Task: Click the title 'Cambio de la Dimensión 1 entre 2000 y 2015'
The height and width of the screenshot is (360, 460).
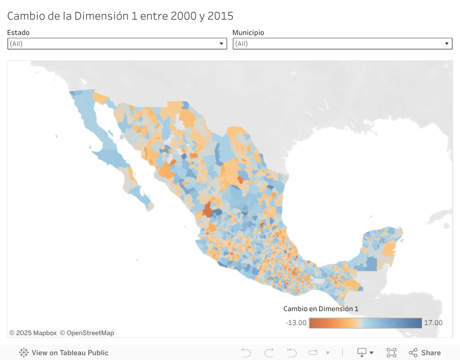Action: click(120, 16)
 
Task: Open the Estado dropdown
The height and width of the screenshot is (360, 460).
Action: click(117, 44)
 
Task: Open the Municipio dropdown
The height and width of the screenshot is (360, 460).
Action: click(342, 44)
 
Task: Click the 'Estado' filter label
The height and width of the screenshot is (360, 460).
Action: click(18, 33)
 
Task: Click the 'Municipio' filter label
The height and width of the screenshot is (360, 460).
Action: click(248, 33)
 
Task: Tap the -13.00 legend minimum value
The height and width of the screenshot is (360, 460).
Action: click(296, 323)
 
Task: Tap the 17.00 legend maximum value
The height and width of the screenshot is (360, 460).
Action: click(433, 323)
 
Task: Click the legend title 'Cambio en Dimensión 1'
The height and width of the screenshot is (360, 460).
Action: click(321, 309)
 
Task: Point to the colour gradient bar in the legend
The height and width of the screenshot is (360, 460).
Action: click(365, 323)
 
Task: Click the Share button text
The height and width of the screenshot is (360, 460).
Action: click(431, 353)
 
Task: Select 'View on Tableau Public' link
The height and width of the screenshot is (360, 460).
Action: click(70, 353)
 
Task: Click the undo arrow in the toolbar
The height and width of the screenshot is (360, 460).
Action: click(246, 353)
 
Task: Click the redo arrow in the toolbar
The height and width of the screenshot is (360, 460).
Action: click(269, 353)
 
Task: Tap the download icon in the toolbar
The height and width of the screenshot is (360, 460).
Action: click(362, 353)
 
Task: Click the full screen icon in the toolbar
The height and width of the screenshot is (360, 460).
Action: click(391, 353)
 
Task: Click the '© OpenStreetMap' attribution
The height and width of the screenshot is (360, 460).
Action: click(87, 333)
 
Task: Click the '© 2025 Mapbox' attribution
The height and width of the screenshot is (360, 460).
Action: click(33, 333)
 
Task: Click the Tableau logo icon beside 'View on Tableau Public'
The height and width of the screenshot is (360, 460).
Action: click(24, 353)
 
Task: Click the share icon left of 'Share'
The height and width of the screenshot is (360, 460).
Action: click(413, 353)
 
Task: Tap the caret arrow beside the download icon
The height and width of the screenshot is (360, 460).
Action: click(371, 353)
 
